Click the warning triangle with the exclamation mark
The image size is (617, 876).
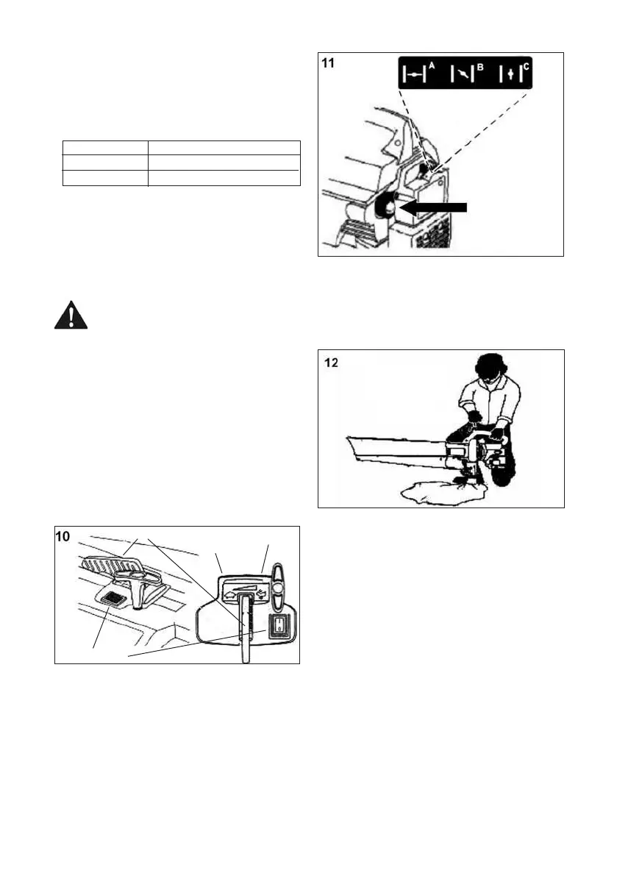click(71, 316)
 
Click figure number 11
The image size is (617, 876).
click(330, 65)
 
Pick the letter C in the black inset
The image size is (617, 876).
click(525, 66)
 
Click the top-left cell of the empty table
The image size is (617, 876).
click(104, 146)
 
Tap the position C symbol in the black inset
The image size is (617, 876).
click(512, 75)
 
